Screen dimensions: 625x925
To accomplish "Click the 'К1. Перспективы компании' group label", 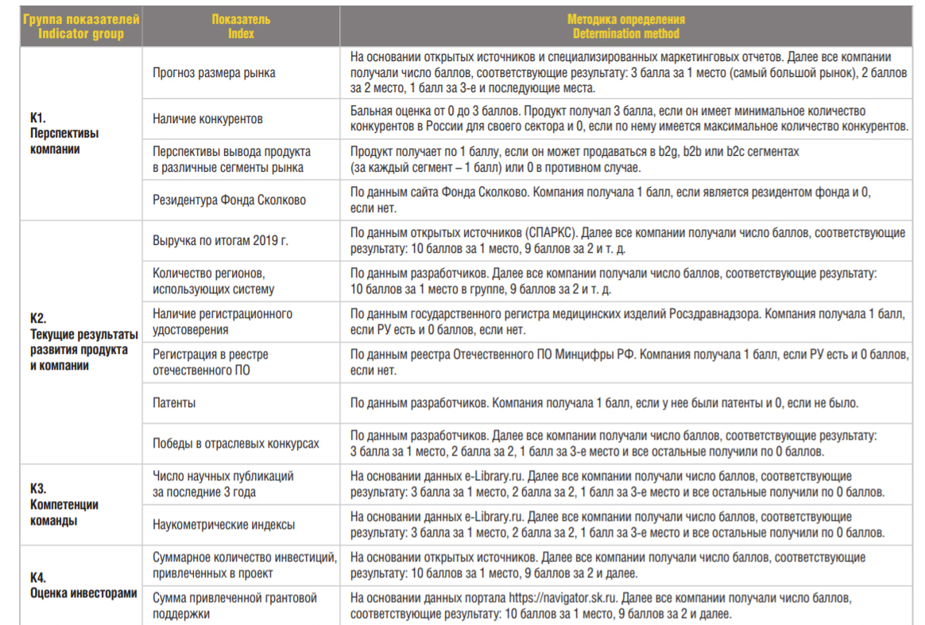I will tap(64, 133).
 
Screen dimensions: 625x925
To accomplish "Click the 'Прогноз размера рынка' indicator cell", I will tap(214, 72).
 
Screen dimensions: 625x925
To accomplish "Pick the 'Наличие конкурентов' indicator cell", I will tap(207, 119).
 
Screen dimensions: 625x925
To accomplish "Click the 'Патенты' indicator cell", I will tap(174, 403).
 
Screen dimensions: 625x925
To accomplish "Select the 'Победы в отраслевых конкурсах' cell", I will tap(236, 444).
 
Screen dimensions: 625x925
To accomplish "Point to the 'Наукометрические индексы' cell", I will tap(223, 525).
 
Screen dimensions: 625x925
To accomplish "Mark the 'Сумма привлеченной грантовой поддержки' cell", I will tap(234, 605).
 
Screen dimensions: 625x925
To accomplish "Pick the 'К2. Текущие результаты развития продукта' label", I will tap(83, 342).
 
